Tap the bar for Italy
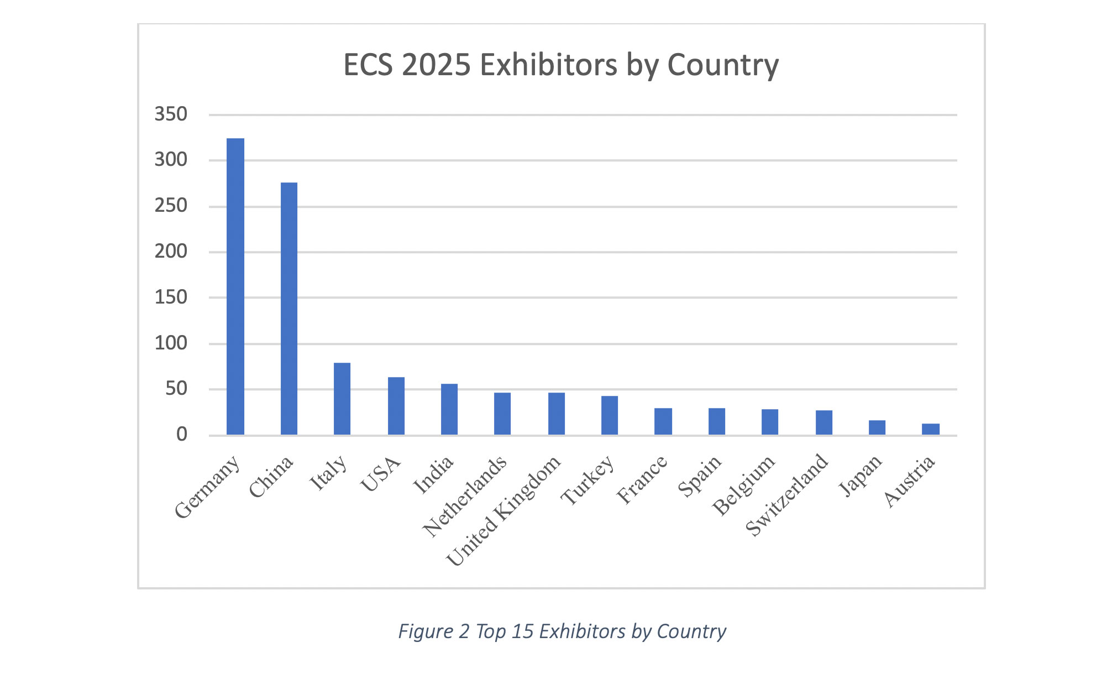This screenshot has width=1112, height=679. tap(342, 399)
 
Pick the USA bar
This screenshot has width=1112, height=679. tap(396, 406)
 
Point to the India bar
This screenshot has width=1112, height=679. tap(449, 409)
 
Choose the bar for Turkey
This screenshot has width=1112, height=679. tap(610, 415)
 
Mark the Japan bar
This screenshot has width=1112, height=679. tap(877, 427)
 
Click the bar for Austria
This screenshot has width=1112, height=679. tap(931, 429)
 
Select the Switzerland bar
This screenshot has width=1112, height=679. tap(824, 422)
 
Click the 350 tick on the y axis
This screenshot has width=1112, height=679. tap(171, 114)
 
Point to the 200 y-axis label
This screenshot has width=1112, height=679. tap(171, 252)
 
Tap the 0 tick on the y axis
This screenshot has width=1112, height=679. tap(182, 435)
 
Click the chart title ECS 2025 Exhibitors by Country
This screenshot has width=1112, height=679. tap(561, 65)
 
